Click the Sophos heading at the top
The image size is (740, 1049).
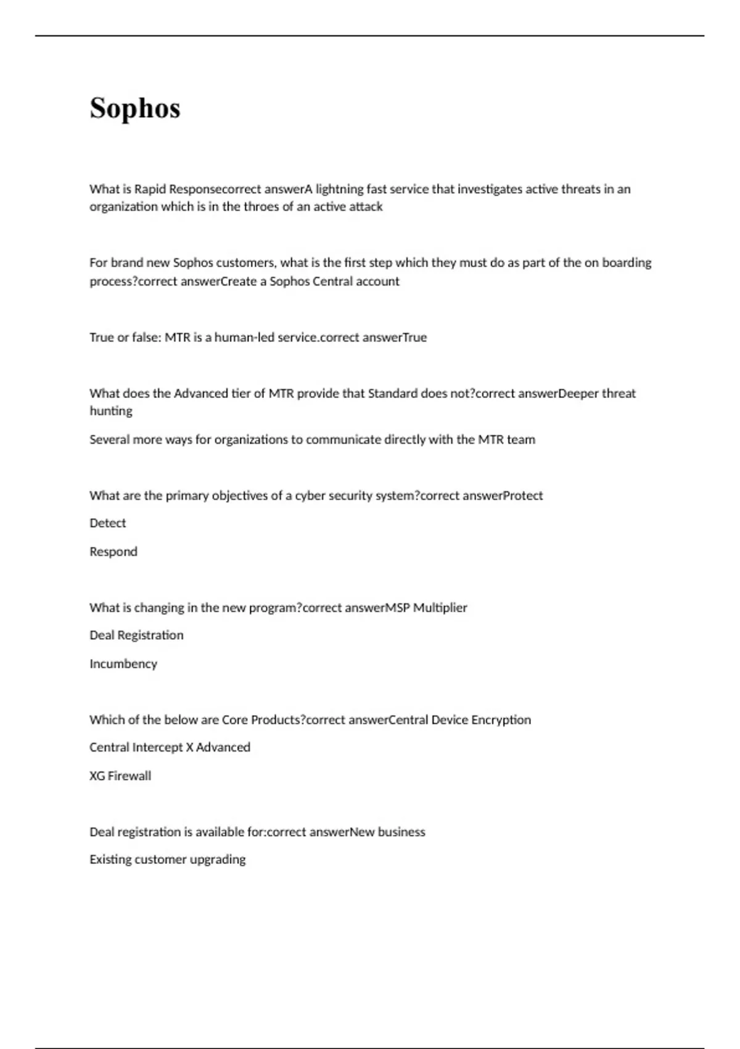point(134,108)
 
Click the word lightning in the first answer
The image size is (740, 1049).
point(339,189)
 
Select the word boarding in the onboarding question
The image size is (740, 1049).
point(627,262)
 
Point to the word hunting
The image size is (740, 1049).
point(111,411)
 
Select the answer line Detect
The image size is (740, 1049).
point(108,523)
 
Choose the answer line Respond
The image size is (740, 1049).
point(113,552)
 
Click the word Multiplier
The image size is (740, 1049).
point(440,608)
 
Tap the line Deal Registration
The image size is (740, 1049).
point(136,635)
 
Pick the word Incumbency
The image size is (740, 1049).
point(123,664)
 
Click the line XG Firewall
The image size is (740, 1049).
point(120,776)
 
